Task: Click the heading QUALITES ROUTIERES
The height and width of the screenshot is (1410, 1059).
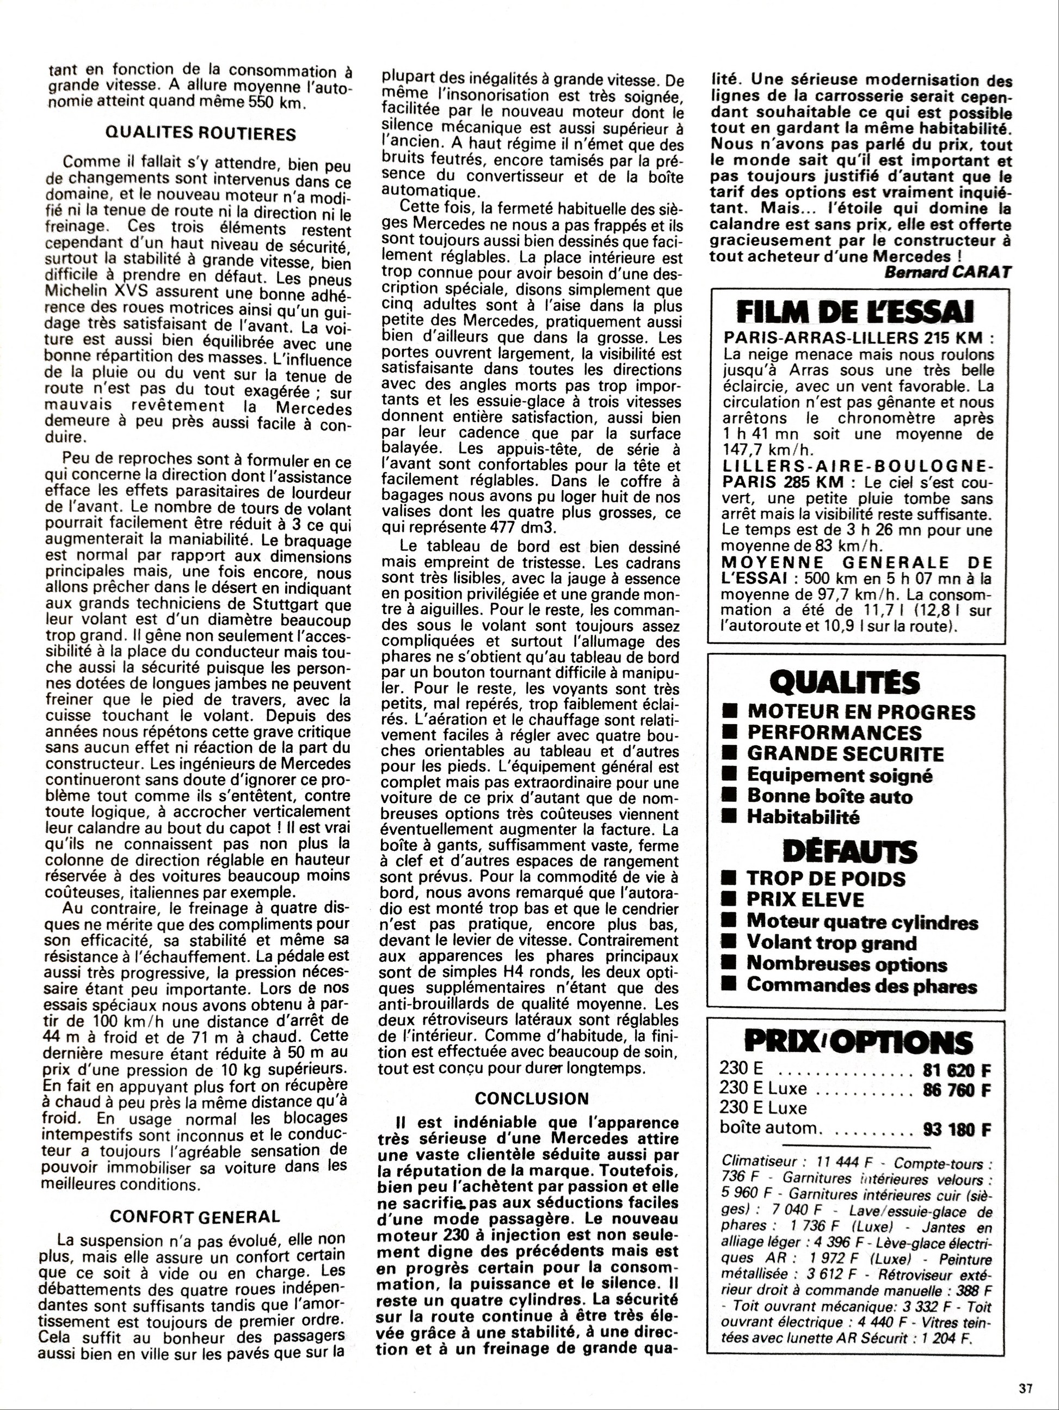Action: [200, 134]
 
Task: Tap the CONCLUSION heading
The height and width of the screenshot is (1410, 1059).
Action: [532, 1098]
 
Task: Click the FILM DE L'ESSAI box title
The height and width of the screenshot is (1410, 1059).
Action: [854, 312]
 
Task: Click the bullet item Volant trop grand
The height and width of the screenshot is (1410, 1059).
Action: [832, 943]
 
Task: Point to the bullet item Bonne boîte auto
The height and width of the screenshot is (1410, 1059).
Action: [829, 796]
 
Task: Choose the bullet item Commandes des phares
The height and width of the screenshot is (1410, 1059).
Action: [861, 985]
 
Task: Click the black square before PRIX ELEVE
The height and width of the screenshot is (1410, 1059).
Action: [728, 900]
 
